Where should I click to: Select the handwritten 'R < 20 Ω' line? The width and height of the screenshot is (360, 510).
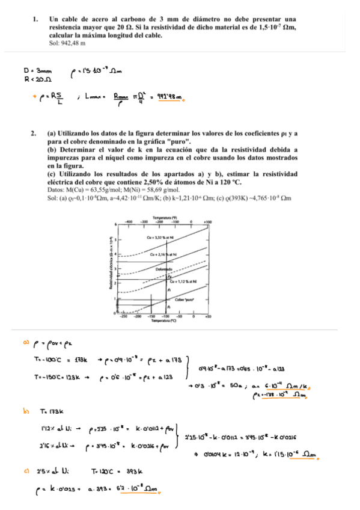pos(37,78)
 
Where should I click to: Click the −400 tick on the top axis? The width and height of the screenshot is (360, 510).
pos(128,222)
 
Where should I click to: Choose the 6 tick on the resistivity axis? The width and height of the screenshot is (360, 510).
pos(115,223)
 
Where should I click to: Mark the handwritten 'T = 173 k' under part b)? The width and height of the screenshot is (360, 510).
pos(62,413)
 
